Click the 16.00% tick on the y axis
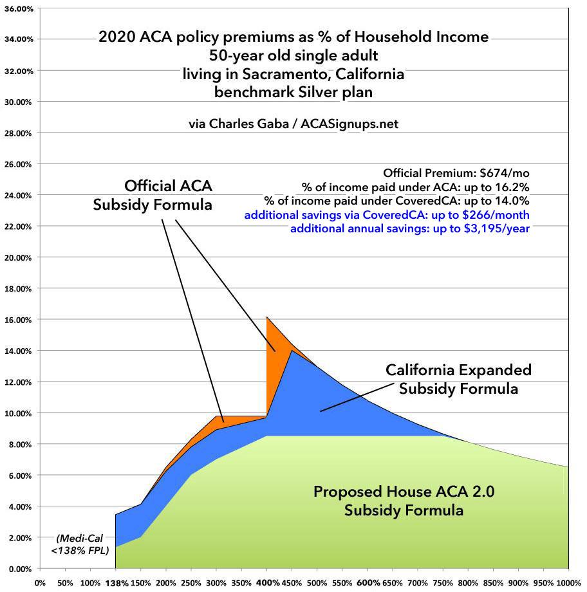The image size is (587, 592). [x=19, y=320]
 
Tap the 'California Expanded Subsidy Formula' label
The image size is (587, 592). [x=458, y=379]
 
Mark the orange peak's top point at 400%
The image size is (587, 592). [x=267, y=317]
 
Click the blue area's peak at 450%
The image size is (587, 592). [x=292, y=351]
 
